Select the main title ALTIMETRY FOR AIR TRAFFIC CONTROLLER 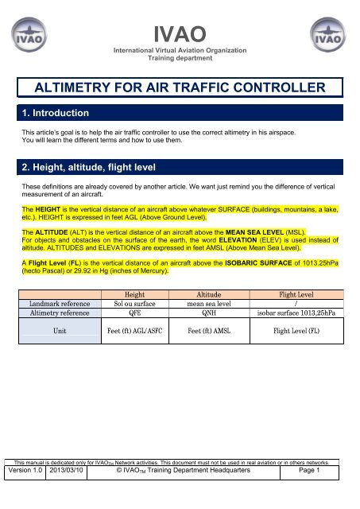coord(180,87)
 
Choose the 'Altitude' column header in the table coord(214,293)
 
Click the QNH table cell coord(214,313)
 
